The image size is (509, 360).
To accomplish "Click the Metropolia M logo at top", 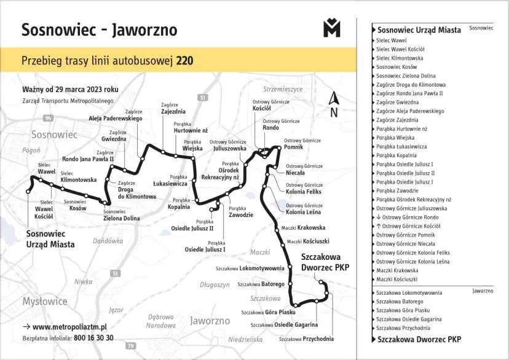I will [331, 28].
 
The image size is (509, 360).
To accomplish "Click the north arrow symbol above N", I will [334, 98].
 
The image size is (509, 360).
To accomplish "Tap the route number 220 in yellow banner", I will [185, 61].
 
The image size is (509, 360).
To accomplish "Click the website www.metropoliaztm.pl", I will [69, 327].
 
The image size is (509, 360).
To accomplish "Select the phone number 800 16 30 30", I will [93, 338].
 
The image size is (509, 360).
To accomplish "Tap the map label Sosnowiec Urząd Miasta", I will [50, 239].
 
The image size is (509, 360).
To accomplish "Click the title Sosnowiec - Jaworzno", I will [99, 29].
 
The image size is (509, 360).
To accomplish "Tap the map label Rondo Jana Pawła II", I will [88, 158].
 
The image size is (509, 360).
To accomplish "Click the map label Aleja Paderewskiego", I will [115, 118].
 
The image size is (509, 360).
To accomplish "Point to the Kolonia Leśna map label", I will [303, 212].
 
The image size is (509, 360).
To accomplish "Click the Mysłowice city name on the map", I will [45, 301].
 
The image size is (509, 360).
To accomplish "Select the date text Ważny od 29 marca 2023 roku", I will [70, 90].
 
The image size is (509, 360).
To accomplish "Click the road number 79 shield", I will [130, 346].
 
